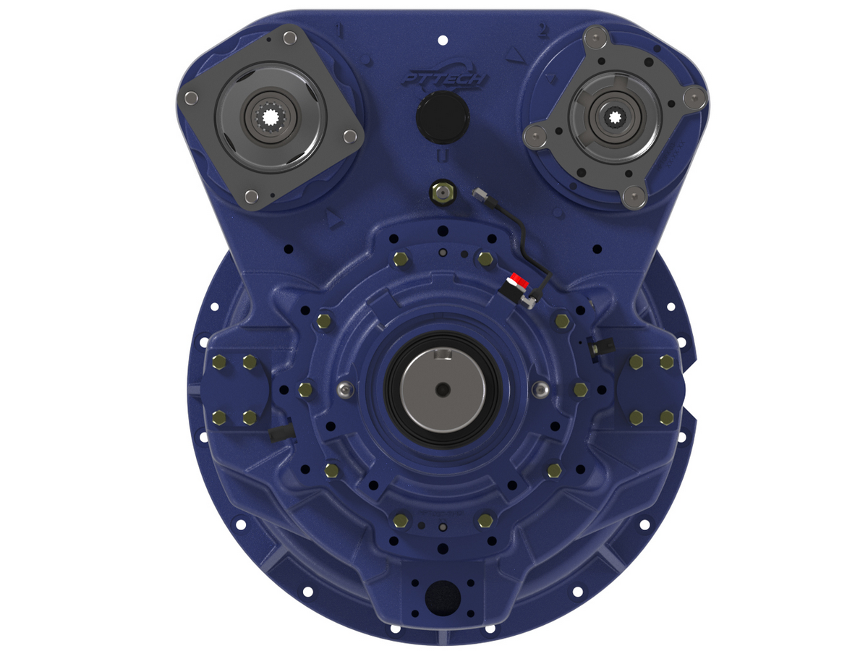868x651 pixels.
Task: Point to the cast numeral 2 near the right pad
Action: [x=541, y=30]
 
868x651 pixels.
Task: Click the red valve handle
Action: [x=515, y=280]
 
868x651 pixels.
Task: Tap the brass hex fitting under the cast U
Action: [x=441, y=192]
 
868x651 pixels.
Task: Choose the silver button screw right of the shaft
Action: [x=539, y=390]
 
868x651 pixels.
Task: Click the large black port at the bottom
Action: [x=442, y=597]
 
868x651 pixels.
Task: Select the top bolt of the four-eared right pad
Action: [x=596, y=35]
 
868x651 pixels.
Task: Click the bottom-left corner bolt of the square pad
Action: [x=250, y=195]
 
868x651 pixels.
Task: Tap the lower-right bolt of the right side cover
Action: [x=667, y=417]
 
